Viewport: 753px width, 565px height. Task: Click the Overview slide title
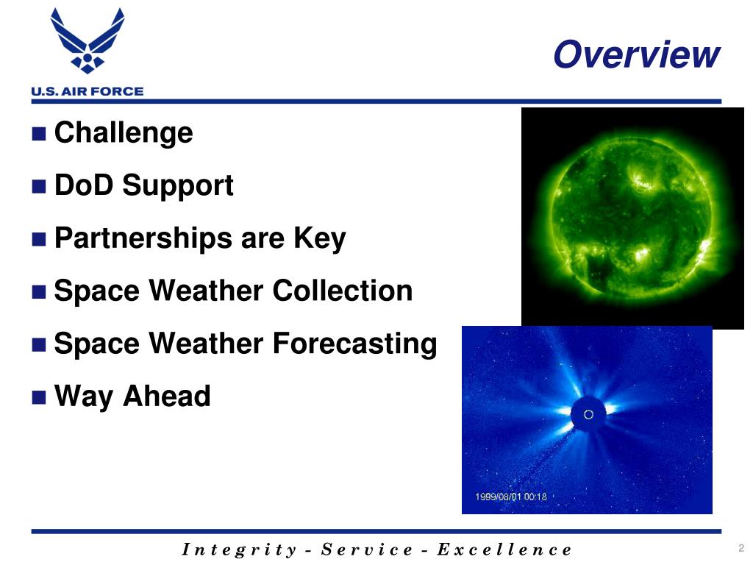click(637, 54)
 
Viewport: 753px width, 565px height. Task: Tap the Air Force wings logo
click(88, 41)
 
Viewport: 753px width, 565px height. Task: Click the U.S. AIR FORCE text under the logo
click(88, 91)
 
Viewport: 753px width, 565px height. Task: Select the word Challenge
click(124, 133)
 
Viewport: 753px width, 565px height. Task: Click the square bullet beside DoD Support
click(39, 186)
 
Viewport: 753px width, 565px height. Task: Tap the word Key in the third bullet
click(319, 239)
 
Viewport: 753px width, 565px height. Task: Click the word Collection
click(343, 291)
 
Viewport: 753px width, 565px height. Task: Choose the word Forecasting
click(355, 344)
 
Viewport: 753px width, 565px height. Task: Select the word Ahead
click(167, 396)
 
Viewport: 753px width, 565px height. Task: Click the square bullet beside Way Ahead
click(39, 397)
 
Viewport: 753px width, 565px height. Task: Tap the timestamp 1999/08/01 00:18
click(511, 497)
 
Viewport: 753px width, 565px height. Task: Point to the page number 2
click(741, 547)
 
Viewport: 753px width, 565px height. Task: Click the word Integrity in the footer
click(239, 550)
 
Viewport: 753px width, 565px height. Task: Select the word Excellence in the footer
click(504, 549)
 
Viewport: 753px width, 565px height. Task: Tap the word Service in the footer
click(367, 549)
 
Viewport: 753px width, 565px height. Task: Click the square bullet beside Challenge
click(39, 134)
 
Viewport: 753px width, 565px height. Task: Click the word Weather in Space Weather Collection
click(206, 291)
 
